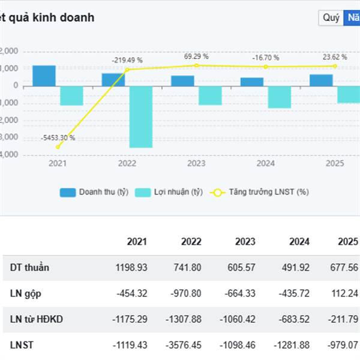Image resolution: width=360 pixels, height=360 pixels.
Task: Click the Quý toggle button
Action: pos(331,17)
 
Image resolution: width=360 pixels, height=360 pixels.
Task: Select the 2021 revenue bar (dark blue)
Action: pos(44,76)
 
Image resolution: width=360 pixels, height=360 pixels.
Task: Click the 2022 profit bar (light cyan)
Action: pos(140,116)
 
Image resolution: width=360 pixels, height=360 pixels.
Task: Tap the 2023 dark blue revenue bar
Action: pos(187,81)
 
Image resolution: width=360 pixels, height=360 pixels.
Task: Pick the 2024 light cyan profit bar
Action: pos(280,97)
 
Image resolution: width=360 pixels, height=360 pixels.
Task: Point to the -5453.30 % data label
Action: pos(58,138)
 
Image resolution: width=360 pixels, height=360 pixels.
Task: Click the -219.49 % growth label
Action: pos(127,60)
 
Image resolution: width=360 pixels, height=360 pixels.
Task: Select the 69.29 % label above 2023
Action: pos(196,56)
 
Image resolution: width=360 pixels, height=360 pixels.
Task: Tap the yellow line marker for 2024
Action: pos(266,67)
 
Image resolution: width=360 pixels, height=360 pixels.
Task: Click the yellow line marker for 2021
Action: pos(58,146)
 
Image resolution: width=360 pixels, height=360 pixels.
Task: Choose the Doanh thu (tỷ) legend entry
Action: pos(94,192)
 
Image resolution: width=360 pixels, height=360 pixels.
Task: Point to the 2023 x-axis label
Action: pos(196,163)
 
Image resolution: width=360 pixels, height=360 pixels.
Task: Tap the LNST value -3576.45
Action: pos(184,345)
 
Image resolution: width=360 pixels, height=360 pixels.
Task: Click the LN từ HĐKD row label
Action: pos(37,319)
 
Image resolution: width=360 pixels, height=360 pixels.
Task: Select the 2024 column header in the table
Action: pos(298,242)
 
